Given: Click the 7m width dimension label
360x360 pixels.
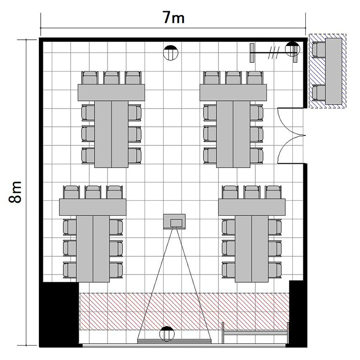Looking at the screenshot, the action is point(174,17).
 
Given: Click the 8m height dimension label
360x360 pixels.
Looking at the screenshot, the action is point(15,192).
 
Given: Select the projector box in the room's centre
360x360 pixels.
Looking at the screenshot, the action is point(174,222).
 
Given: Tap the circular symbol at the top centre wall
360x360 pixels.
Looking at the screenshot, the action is point(170,53).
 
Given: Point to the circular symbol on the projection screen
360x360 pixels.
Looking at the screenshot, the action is point(167,334).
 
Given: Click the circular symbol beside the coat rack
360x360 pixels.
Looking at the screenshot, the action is point(292,48).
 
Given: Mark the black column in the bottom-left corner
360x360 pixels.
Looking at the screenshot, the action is point(60,314).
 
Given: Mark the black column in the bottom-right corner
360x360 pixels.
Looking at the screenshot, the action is point(298,313).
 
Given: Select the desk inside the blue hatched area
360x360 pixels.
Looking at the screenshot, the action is point(334,71).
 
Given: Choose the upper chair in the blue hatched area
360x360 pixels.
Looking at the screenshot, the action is point(319,50).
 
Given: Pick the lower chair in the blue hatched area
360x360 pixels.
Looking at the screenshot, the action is point(319,93).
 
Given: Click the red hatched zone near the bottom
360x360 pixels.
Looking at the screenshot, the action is point(184,312).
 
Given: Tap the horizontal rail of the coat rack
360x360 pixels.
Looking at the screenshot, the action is point(274,53).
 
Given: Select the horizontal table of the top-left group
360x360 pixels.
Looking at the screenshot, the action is point(111,93).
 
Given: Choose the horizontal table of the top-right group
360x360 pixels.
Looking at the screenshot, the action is point(233,93).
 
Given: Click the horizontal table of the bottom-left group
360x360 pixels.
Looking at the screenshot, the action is point(93,207).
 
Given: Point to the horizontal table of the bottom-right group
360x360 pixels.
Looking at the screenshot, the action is point(252,207).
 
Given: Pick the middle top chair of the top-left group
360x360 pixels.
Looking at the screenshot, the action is point(111,78).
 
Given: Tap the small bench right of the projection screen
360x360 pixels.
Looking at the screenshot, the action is point(255,333).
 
